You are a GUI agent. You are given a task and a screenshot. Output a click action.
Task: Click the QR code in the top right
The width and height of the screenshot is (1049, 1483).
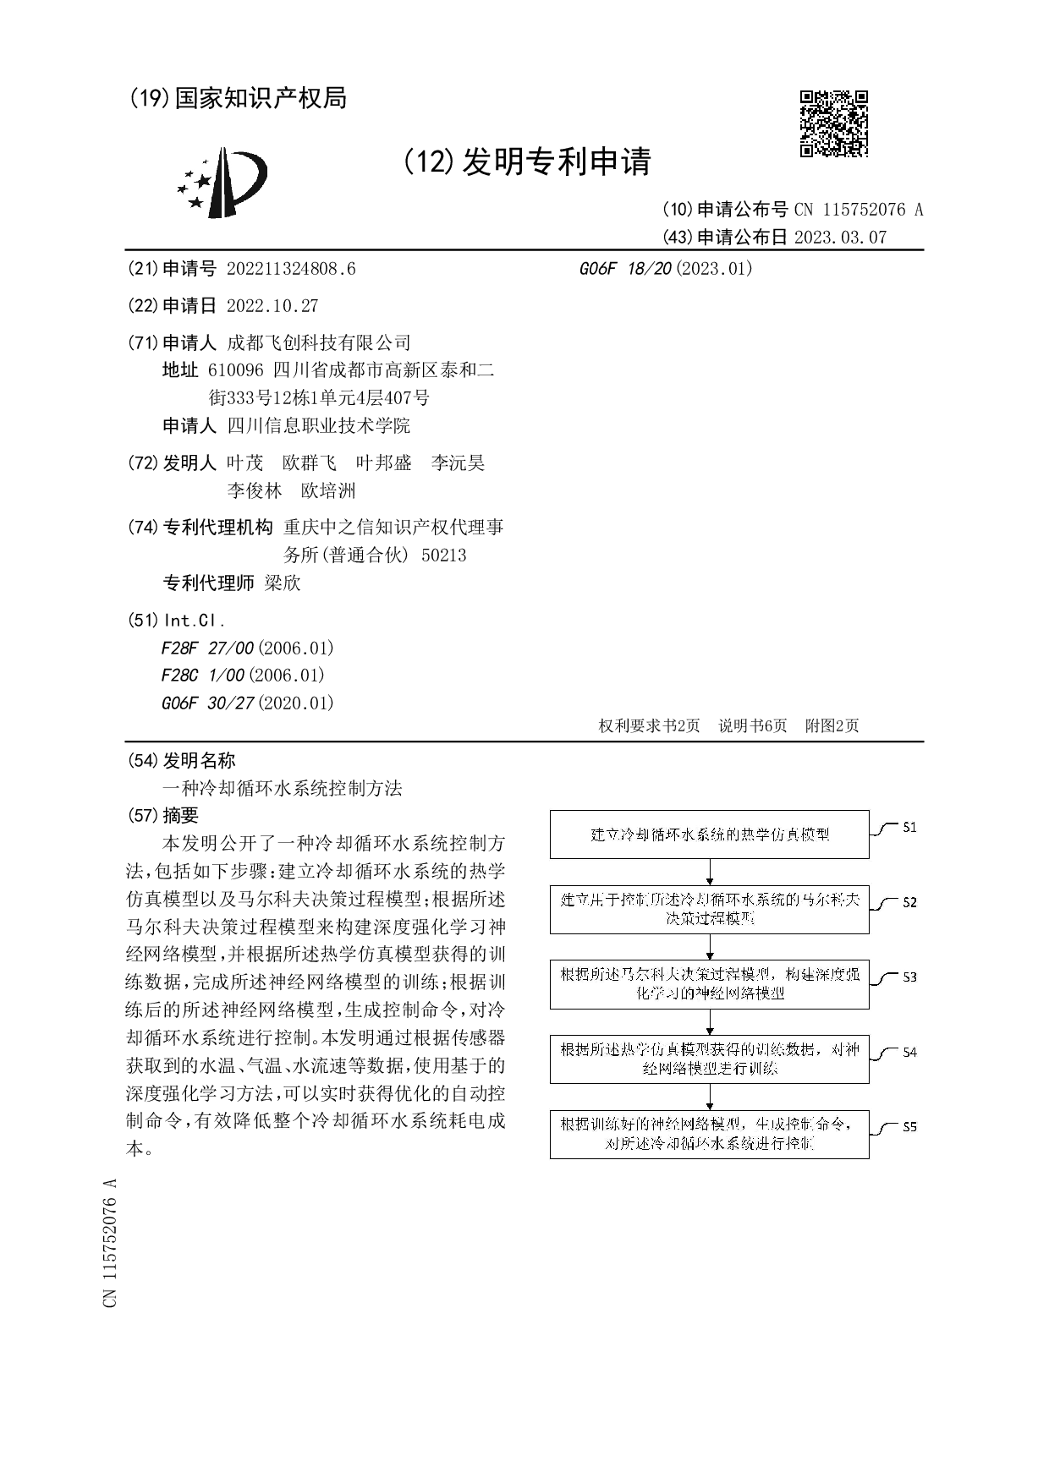click(833, 123)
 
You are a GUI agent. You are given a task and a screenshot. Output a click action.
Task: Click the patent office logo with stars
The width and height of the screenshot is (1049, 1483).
click(222, 183)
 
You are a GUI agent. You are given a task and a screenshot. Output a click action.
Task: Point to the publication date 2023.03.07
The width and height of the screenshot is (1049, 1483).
click(840, 238)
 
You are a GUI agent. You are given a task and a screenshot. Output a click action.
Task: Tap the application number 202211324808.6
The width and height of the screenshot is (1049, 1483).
click(291, 269)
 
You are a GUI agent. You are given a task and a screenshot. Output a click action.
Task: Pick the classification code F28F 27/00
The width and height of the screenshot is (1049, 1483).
click(207, 648)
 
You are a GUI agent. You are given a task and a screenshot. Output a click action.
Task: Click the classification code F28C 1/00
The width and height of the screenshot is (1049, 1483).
click(203, 675)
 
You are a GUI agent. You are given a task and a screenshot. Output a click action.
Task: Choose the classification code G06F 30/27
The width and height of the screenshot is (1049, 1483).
click(207, 703)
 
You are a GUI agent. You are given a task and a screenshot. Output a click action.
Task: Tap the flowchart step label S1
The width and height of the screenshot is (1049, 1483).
click(909, 827)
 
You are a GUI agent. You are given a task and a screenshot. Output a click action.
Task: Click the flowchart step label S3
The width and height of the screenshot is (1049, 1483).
click(909, 977)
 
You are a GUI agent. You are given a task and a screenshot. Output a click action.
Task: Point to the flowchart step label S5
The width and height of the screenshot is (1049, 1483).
click(909, 1126)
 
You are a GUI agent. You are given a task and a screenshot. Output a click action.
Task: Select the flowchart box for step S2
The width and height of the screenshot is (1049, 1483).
click(709, 909)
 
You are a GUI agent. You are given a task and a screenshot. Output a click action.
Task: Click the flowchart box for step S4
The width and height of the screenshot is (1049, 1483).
click(709, 1059)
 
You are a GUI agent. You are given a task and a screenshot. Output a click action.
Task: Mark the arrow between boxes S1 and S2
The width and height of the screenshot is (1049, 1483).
click(710, 872)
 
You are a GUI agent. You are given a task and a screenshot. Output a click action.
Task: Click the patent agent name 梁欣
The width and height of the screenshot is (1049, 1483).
click(283, 583)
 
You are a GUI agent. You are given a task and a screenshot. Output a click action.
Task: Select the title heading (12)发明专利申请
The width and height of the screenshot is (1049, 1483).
click(527, 161)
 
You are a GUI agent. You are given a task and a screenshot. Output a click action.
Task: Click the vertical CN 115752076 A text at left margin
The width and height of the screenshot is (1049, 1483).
click(110, 1242)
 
